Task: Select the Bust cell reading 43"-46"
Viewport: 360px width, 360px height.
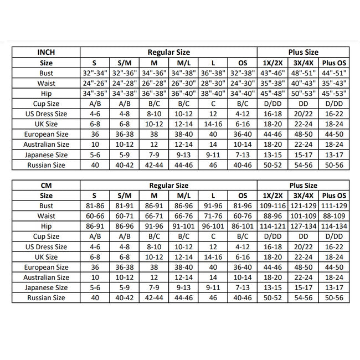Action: click(x=273, y=73)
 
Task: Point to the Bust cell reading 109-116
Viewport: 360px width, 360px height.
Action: click(x=273, y=206)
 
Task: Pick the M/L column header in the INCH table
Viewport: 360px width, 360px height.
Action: click(x=183, y=63)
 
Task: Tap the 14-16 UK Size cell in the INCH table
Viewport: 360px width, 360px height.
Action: click(x=213, y=124)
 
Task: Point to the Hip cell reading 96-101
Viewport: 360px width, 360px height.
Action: click(x=213, y=227)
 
